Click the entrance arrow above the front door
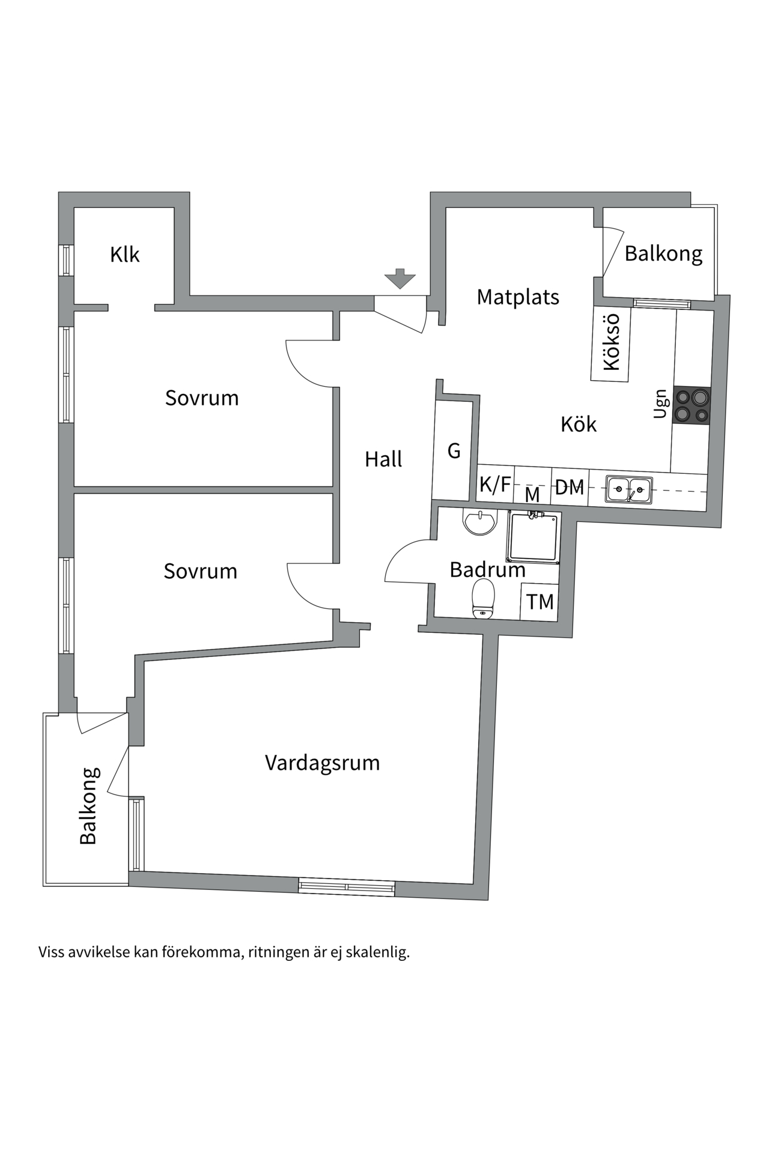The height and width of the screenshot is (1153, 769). click(x=400, y=279)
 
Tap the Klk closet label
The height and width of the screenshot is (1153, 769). click(x=124, y=255)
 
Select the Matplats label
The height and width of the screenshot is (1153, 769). click(x=518, y=297)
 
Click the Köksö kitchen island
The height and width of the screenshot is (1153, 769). click(x=610, y=344)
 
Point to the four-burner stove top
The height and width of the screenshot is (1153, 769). click(x=691, y=405)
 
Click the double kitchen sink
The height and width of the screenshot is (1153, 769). click(x=629, y=489)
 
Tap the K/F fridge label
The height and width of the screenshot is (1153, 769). click(x=495, y=484)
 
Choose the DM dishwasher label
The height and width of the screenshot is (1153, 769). click(x=569, y=487)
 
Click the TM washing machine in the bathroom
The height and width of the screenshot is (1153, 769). click(x=540, y=602)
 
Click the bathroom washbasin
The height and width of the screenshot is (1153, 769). click(x=481, y=522)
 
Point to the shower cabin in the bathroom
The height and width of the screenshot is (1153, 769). click(x=533, y=536)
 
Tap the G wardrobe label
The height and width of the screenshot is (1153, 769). click(x=454, y=450)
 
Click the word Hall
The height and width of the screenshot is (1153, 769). click(x=383, y=459)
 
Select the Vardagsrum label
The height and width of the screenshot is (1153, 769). click(x=322, y=763)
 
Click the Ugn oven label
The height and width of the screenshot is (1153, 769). click(x=661, y=404)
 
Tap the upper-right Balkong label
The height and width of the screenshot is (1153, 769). click(x=663, y=254)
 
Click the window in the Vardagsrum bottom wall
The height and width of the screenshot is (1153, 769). click(x=347, y=887)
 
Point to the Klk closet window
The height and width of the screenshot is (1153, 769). click(x=66, y=261)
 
